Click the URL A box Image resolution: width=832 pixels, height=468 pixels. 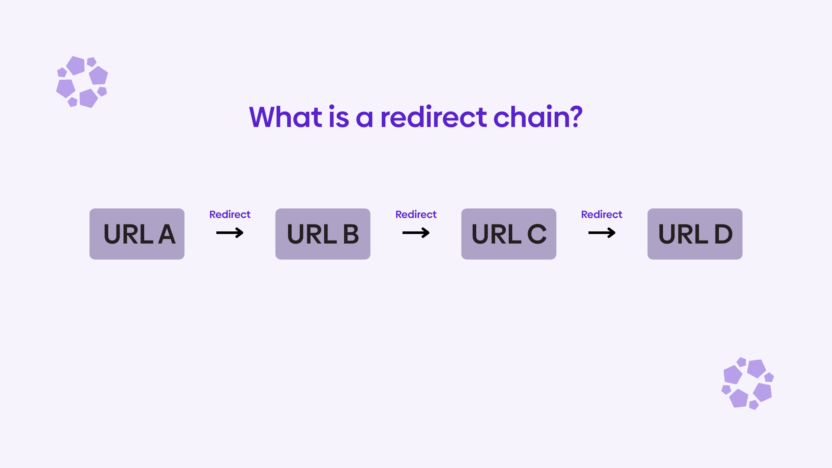(x=137, y=234)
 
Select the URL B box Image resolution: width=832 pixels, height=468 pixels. (x=323, y=234)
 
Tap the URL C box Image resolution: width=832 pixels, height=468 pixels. (x=509, y=234)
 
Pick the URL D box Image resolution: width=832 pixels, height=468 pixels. (x=695, y=234)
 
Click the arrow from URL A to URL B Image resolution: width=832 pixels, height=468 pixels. (x=230, y=233)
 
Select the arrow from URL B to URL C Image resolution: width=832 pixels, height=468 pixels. (x=416, y=233)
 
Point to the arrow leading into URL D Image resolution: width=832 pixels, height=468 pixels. (x=601, y=233)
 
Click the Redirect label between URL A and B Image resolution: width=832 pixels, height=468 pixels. (x=230, y=214)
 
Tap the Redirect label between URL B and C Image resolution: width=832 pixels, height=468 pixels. (x=416, y=214)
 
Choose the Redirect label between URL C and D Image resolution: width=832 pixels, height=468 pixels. (x=601, y=214)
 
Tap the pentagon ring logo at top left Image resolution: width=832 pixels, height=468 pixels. (x=82, y=82)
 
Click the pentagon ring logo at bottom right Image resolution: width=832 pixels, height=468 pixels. (x=747, y=383)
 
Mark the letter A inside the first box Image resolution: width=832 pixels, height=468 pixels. (x=166, y=234)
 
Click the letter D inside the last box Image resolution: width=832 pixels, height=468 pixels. (x=723, y=234)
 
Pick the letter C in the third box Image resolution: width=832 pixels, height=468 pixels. (x=536, y=234)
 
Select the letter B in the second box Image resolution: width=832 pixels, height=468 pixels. (x=351, y=234)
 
